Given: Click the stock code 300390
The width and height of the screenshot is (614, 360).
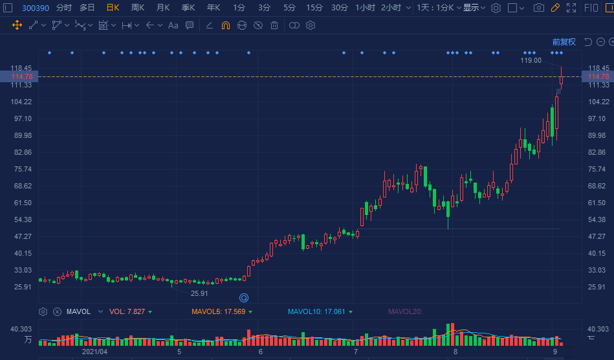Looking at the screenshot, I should click(36, 8).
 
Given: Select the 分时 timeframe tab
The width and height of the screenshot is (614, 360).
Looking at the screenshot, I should click(64, 8).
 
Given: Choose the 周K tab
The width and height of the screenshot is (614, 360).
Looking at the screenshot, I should click(137, 8).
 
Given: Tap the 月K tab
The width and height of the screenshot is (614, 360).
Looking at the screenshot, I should click(162, 8).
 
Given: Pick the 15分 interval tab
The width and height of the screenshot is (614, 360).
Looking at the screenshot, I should click(314, 8).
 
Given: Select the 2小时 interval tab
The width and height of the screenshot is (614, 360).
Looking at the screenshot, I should click(391, 8).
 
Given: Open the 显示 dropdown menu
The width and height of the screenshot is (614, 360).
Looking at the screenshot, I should click(474, 8).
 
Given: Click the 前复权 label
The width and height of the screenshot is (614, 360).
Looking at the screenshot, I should click(564, 42).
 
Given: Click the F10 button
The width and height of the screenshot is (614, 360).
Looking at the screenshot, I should click(591, 8).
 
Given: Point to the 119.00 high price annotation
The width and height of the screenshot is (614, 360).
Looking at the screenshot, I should click(531, 60).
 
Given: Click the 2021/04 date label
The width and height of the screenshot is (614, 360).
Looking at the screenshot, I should click(94, 352).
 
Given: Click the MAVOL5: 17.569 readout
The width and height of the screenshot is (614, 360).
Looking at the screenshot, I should click(218, 311).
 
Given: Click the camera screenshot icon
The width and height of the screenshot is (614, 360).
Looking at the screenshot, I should click(538, 8).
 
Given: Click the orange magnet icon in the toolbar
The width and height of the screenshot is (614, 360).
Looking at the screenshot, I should click(226, 25).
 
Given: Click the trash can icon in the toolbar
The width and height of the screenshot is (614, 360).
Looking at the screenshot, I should click(274, 25).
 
